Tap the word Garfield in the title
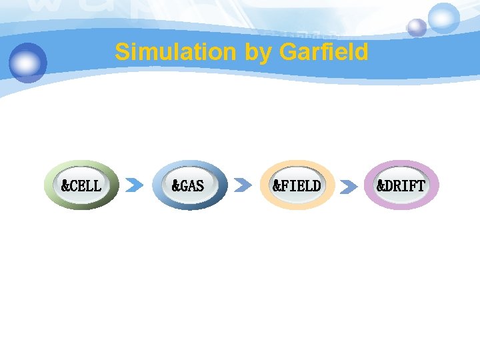click(324, 52)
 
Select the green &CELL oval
click(81, 185)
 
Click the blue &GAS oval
click(189, 185)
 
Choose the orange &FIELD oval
click(297, 185)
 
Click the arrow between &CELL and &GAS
click(135, 185)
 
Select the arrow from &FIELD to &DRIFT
click(349, 186)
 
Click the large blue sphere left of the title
click(28, 62)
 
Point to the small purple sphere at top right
click(417, 27)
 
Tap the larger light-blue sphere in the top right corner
click(443, 17)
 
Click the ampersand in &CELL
click(65, 185)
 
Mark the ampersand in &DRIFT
click(381, 185)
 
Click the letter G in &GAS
click(180, 185)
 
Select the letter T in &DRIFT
click(419, 185)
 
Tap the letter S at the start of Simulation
click(121, 52)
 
